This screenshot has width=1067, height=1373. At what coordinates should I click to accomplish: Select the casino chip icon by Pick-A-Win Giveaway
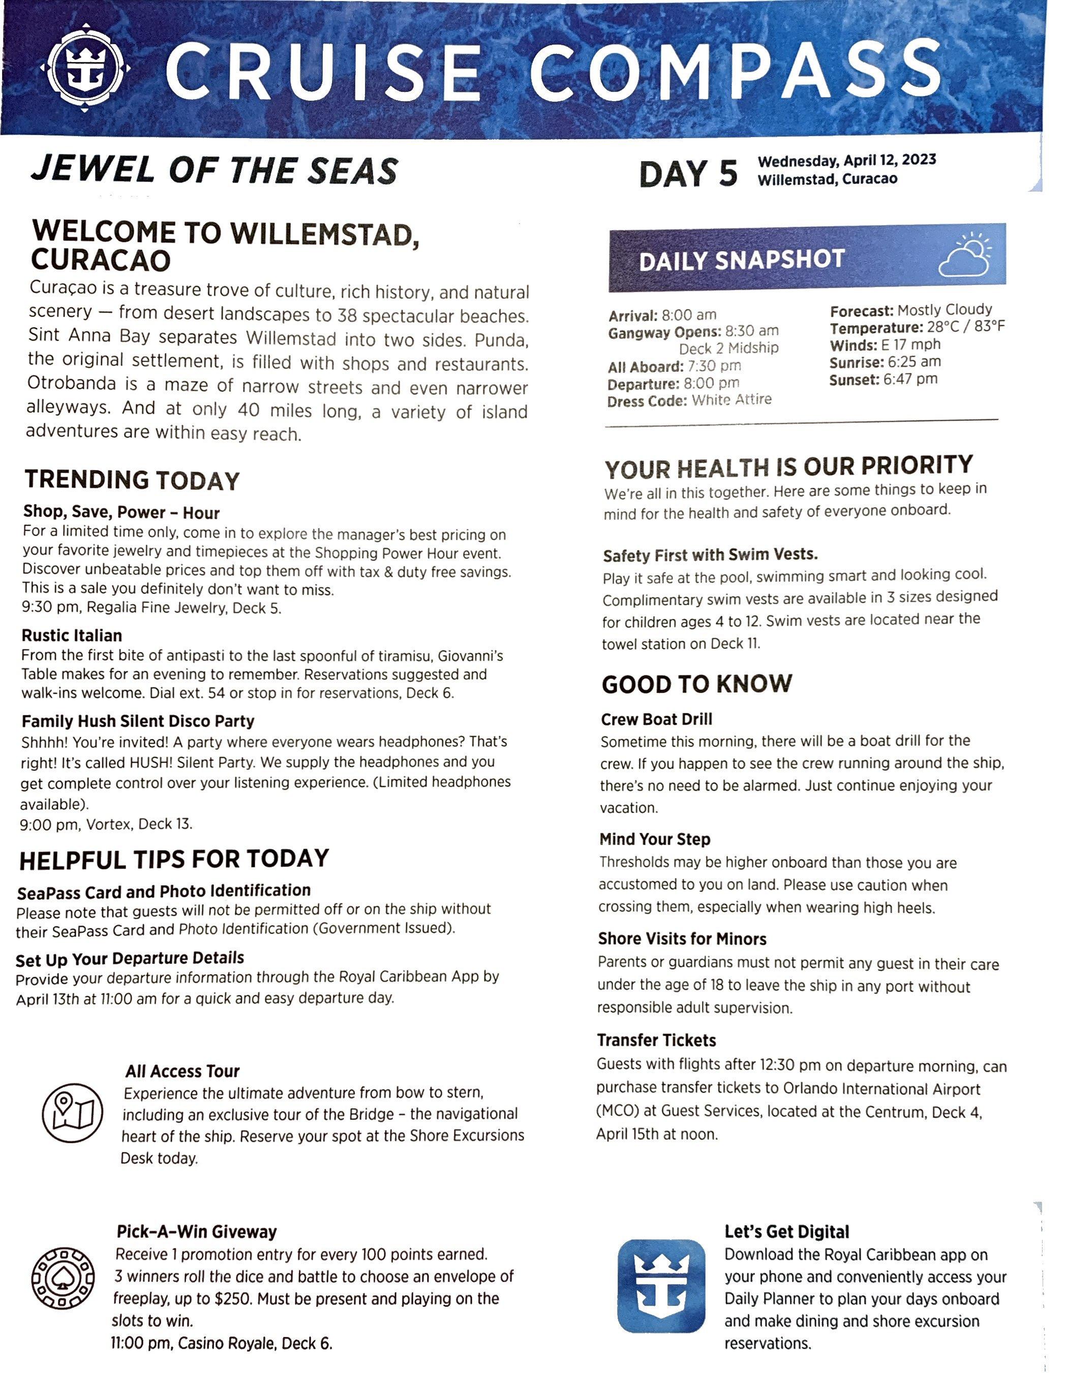click(x=63, y=1277)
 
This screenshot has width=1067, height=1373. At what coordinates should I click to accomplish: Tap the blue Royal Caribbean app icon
click(x=661, y=1286)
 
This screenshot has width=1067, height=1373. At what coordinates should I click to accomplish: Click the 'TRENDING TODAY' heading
click(x=133, y=480)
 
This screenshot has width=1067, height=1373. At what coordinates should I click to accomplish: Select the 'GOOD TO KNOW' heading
click(x=696, y=684)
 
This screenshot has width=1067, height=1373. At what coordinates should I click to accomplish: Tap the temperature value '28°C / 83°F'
click(x=965, y=326)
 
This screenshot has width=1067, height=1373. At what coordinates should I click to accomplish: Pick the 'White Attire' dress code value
click(x=731, y=400)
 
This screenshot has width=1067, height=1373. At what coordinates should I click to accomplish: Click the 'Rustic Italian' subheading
click(x=72, y=635)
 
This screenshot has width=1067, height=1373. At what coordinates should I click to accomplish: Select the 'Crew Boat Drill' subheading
click(x=656, y=719)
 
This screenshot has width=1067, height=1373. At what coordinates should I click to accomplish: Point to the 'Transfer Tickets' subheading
click(x=656, y=1041)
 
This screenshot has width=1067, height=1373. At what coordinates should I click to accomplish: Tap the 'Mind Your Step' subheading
click(x=655, y=839)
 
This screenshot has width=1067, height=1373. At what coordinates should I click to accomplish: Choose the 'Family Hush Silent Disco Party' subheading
click(x=138, y=721)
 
